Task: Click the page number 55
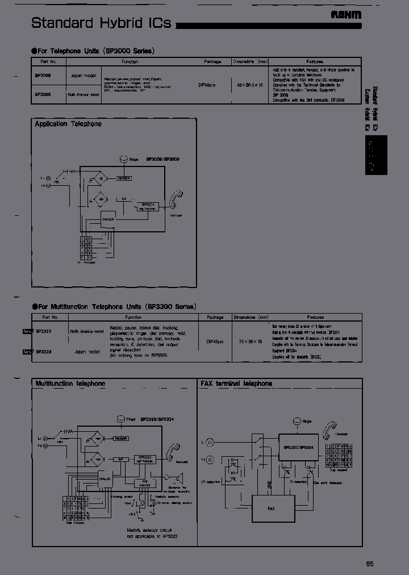pyautogui.click(x=370, y=564)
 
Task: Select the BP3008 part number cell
pyautogui.click(x=43, y=74)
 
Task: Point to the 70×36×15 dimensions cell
pyautogui.click(x=251, y=341)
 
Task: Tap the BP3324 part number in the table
pyautogui.click(x=44, y=352)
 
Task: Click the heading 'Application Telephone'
pyautogui.click(x=68, y=123)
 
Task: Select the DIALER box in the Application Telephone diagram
pyautogui.click(x=108, y=219)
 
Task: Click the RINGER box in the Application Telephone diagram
pyautogui.click(x=123, y=178)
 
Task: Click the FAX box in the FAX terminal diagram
pyautogui.click(x=273, y=508)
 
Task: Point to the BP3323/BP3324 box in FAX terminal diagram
pyautogui.click(x=298, y=448)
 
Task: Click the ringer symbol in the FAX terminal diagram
pyautogui.click(x=296, y=422)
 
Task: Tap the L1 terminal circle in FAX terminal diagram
pyautogui.click(x=209, y=441)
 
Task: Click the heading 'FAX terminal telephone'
pyautogui.click(x=236, y=384)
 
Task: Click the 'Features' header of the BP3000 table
pyautogui.click(x=315, y=61)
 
